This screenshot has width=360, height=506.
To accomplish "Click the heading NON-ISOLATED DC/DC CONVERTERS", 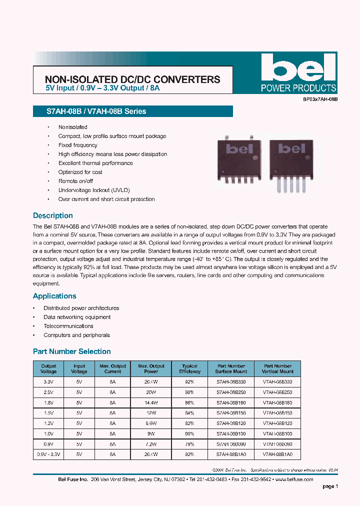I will tap(132, 79).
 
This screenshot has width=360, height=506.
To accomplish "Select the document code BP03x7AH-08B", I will tap(320, 100).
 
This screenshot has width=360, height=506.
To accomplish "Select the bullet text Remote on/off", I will tap(75, 181).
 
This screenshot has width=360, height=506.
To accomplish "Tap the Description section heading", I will tap(53, 215).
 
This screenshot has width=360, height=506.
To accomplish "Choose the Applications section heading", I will tap(54, 296).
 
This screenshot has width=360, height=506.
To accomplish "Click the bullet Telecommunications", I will tap(68, 326).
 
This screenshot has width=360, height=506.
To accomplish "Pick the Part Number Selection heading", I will tap(71, 351).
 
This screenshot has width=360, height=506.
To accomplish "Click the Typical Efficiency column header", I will tap(189, 369).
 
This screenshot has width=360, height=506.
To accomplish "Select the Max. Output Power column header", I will tap(151, 369).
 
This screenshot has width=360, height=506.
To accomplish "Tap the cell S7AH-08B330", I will tap(231, 381).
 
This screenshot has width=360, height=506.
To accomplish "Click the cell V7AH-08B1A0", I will tap(278, 454).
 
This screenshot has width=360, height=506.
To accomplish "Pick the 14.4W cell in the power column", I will tap(151, 402).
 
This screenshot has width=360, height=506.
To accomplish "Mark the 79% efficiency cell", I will tap(189, 444).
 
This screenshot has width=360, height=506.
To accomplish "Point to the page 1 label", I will tap(330, 486).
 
